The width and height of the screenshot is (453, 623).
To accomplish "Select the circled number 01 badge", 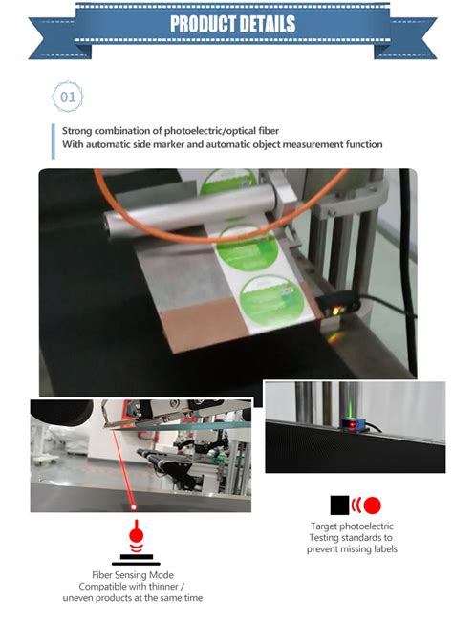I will [68, 97].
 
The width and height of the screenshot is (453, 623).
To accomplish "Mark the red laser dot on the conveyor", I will [134, 505].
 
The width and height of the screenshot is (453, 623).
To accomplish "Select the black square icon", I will [338, 505].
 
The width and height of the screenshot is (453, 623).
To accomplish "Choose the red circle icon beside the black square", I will [372, 505].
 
